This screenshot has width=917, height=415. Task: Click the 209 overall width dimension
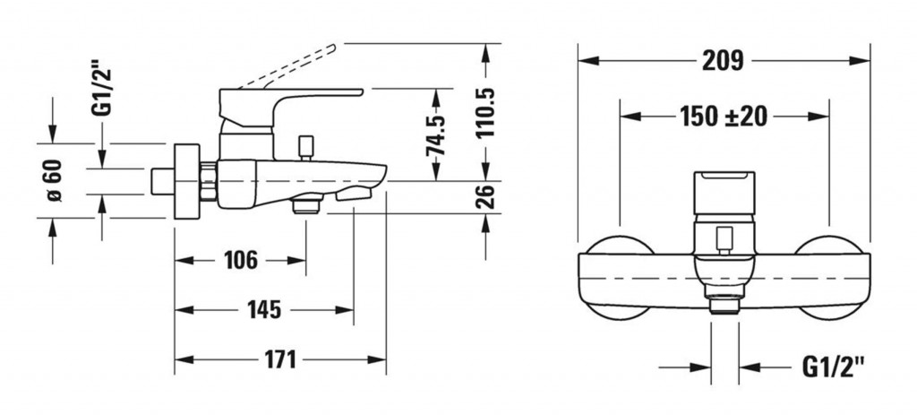click(x=723, y=60)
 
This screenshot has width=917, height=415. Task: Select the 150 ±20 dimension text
click(x=724, y=116)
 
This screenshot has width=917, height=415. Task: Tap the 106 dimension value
click(x=240, y=260)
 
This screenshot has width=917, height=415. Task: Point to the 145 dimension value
click(x=264, y=309)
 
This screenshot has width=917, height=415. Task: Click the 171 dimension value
click(x=279, y=359)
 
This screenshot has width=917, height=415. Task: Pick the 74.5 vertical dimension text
click(x=436, y=134)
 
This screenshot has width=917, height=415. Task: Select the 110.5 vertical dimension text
click(x=485, y=112)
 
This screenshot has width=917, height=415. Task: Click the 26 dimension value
click(x=485, y=196)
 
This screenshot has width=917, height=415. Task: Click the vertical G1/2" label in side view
click(x=102, y=91)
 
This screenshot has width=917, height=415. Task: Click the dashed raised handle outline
click(x=288, y=66)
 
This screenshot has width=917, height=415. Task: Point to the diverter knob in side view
click(x=306, y=148)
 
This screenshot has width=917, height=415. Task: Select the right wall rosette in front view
click(x=830, y=278)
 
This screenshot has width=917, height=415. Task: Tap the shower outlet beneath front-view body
click(x=724, y=307)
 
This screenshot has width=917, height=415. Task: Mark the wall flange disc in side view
click(x=187, y=181)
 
